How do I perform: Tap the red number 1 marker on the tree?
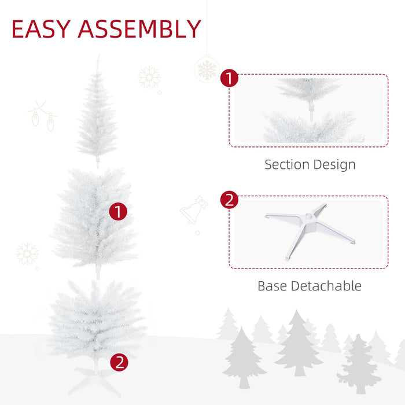118,212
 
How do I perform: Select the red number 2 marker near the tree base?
119,363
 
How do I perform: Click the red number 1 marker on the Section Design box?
230,78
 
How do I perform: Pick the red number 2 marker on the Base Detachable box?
230,200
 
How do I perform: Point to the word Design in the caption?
334,164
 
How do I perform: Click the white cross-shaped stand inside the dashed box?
310,229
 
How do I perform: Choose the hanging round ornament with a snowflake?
207,69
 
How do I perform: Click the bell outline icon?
194,210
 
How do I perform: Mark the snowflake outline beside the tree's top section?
149,78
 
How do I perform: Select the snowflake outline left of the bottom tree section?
27,253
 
